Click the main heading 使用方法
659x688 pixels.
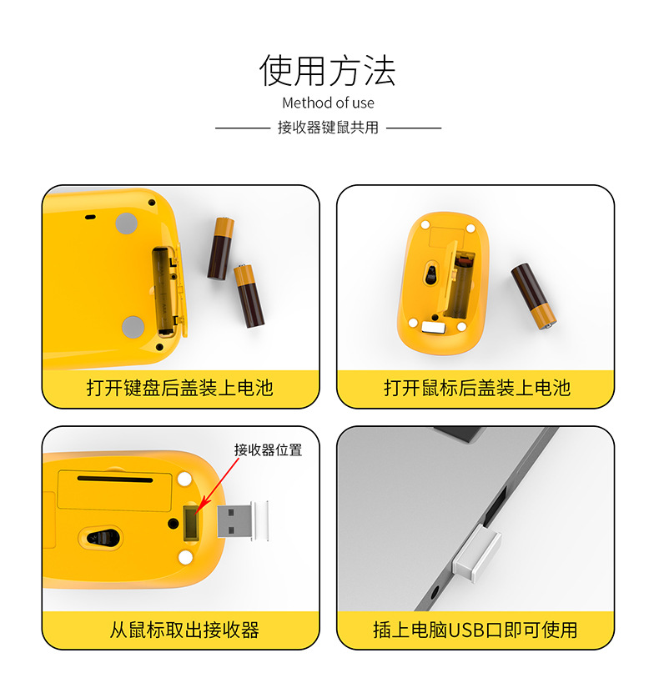pyautogui.click(x=328, y=71)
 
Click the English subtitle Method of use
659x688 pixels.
pyautogui.click(x=328, y=103)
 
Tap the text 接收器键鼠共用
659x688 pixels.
pyautogui.click(x=328, y=128)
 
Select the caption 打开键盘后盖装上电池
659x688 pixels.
pyautogui.click(x=180, y=388)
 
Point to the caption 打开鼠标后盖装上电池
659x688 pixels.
pyautogui.click(x=477, y=388)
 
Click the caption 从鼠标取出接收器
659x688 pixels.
pyautogui.click(x=184, y=630)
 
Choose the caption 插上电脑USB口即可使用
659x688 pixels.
pyautogui.click(x=475, y=630)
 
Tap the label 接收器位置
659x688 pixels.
pyautogui.click(x=268, y=449)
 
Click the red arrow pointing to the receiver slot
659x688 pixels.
pyautogui.click(x=218, y=485)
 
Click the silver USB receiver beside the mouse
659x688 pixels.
pyautogui.click(x=243, y=521)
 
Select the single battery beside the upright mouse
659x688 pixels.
pyautogui.click(x=533, y=296)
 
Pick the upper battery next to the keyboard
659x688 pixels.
pyautogui.click(x=221, y=249)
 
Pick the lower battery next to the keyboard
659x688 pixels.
pyautogui.click(x=249, y=295)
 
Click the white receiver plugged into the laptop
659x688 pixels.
pyautogui.click(x=477, y=553)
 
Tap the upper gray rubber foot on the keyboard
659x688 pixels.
pyautogui.click(x=127, y=223)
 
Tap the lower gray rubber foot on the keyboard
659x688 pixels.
pyautogui.click(x=133, y=327)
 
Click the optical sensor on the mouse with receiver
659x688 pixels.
pyautogui.click(x=100, y=536)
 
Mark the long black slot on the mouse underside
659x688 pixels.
pyautogui.click(x=115, y=479)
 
